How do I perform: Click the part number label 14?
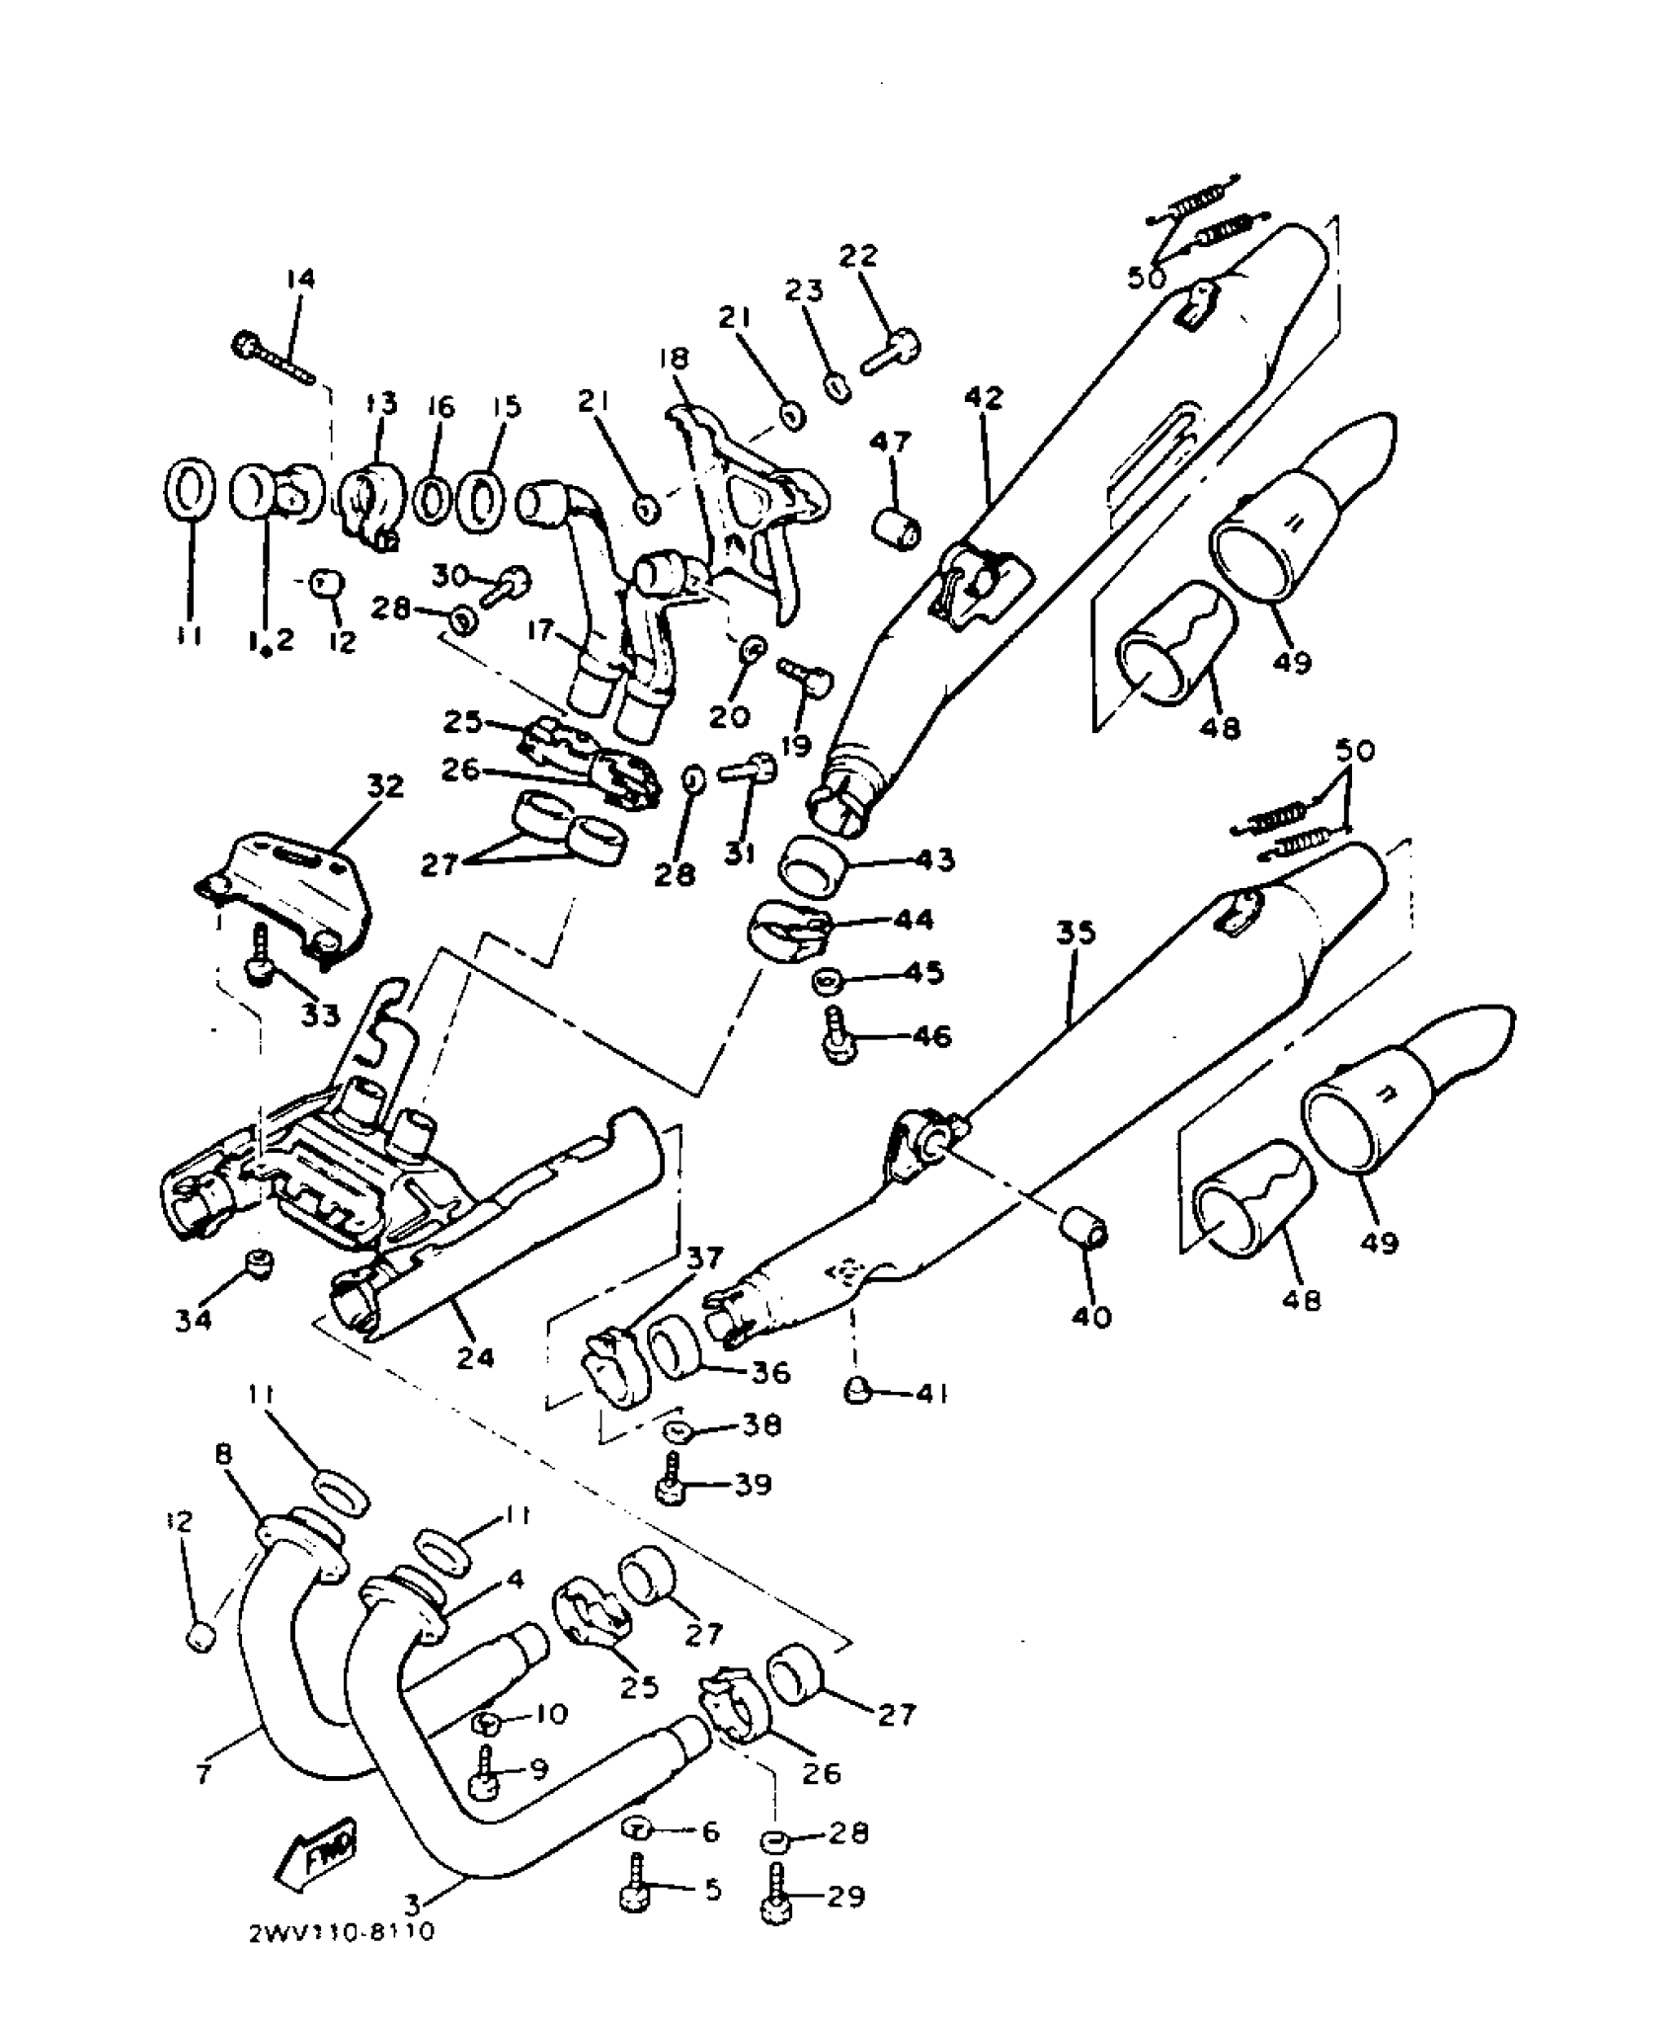coord(300,280)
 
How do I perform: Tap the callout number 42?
coord(983,399)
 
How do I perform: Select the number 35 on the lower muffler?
coord(1075,933)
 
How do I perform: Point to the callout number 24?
coord(475,1358)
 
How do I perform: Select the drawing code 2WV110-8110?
coord(342,1932)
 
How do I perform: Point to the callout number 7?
coord(203,1774)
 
